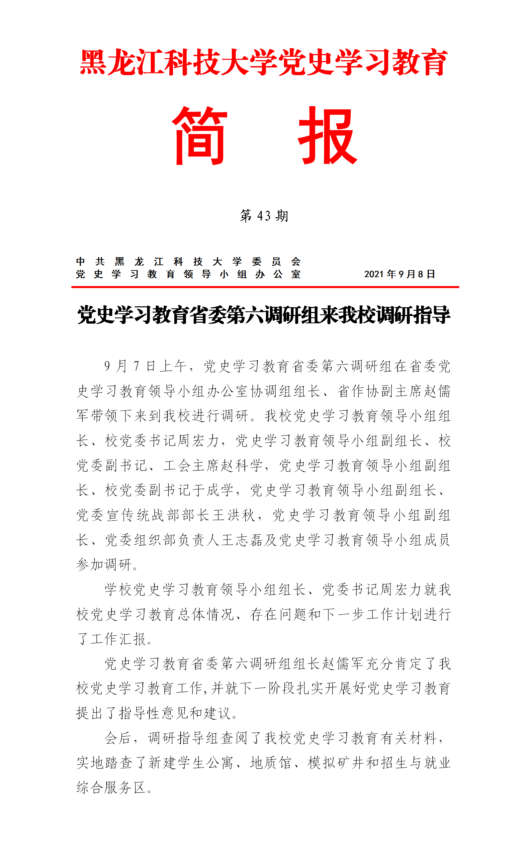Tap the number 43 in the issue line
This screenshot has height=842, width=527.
tap(264, 216)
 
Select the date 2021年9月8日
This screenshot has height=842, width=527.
tap(399, 274)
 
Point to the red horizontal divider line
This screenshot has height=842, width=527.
tap(265, 287)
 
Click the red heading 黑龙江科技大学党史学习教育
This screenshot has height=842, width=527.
tap(264, 63)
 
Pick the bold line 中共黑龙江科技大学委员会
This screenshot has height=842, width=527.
tap(188, 262)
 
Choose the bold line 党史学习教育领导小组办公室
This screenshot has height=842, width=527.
tap(188, 274)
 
